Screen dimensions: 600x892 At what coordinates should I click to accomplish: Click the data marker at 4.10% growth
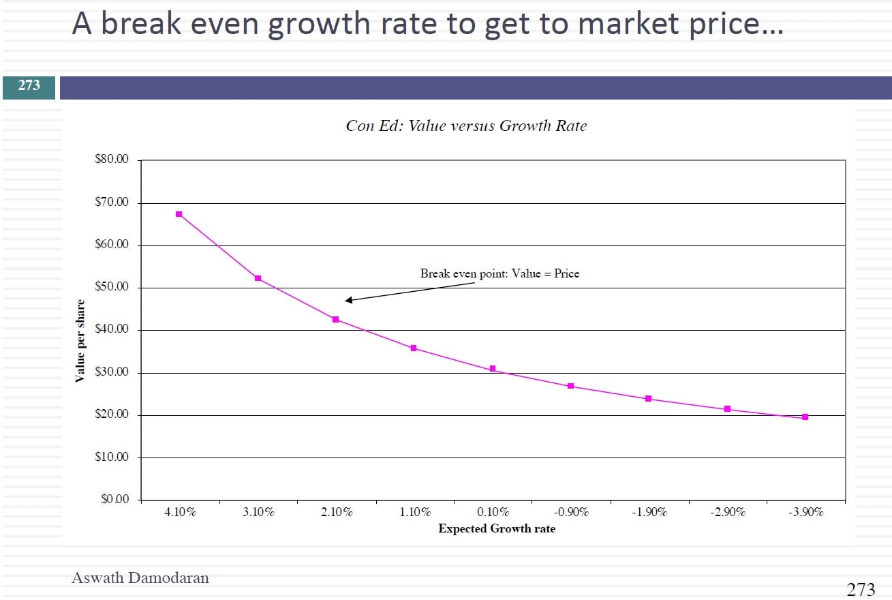point(179,214)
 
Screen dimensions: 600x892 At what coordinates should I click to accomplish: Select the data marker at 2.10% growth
point(335,319)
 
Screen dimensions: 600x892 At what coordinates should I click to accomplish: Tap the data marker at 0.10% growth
point(493,369)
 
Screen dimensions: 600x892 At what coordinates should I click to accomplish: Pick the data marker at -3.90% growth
point(805,417)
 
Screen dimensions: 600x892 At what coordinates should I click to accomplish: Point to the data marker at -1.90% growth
point(649,398)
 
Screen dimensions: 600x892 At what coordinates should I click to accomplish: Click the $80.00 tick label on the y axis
point(112,160)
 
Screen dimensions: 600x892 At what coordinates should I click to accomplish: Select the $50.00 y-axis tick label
point(112,287)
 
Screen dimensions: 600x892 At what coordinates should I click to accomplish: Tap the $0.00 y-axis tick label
point(114,500)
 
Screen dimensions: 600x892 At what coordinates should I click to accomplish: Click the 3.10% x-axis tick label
point(258,512)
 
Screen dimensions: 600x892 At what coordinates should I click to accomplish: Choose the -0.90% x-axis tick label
point(571,512)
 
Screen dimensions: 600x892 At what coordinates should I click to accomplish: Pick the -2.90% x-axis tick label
point(728,512)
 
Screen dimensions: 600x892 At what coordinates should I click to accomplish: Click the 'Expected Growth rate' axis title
point(496,528)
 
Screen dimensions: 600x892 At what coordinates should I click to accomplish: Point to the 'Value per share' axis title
point(80,341)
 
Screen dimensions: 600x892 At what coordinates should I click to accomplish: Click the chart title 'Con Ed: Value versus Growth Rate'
point(466,125)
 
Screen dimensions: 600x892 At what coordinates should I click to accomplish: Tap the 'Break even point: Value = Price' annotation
point(499,273)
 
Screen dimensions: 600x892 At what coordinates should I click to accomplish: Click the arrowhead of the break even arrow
point(348,300)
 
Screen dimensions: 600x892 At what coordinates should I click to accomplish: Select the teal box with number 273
point(29,85)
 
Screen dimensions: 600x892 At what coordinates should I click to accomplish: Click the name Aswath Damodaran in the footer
point(140,578)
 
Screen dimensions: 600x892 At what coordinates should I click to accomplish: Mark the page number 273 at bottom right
point(861,589)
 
